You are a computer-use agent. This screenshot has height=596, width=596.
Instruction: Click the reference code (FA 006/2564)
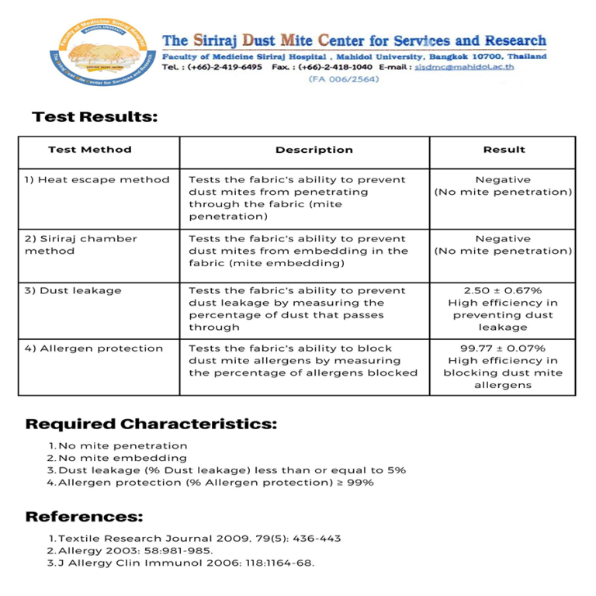(344, 79)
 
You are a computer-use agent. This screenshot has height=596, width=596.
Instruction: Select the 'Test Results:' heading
(95, 117)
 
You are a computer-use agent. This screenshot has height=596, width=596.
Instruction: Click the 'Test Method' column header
(89, 150)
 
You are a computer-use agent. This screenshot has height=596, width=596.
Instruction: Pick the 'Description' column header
(314, 150)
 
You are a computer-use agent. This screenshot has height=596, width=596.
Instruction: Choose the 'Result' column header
(504, 150)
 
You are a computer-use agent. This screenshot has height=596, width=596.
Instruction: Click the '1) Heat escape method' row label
(96, 179)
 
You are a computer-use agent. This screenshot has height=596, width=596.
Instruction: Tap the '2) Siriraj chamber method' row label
(80, 244)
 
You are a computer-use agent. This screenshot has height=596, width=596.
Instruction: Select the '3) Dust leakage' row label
(72, 290)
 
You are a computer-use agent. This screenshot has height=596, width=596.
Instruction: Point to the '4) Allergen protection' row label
(93, 348)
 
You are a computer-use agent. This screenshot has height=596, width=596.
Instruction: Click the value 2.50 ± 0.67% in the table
(503, 290)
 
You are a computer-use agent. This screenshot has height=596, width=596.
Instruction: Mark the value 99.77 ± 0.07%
(503, 348)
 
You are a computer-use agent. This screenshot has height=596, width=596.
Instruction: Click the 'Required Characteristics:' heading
(151, 424)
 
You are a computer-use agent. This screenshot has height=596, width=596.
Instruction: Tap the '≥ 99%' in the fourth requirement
(355, 483)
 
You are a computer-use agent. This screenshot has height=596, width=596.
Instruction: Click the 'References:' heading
(84, 517)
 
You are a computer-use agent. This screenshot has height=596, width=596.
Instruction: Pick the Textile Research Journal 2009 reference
(199, 539)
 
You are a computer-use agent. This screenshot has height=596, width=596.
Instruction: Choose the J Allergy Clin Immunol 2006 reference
(186, 563)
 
